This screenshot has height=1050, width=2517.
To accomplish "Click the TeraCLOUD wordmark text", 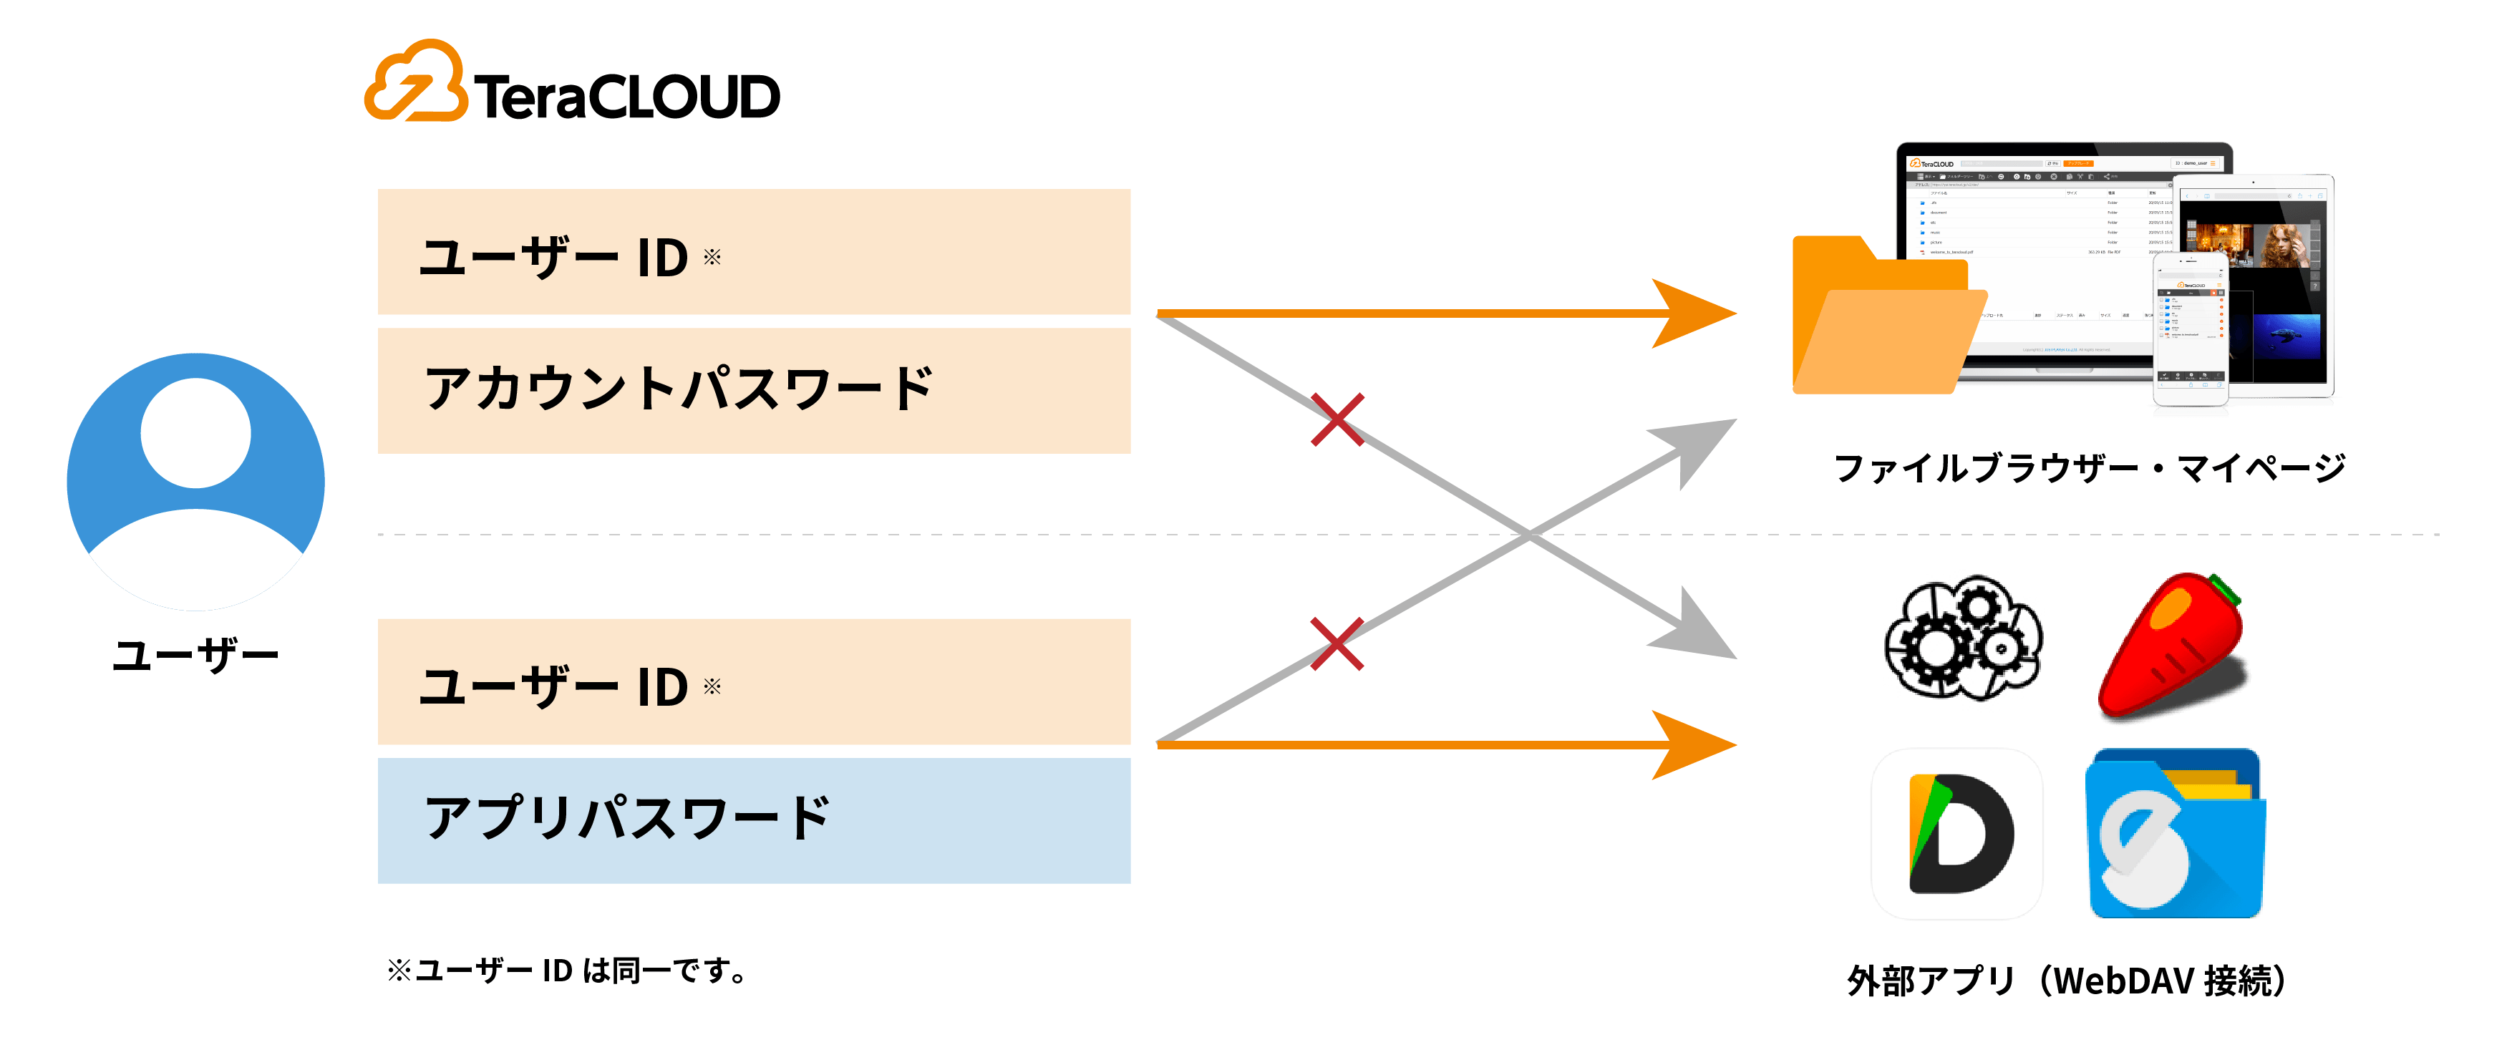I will point(626,97).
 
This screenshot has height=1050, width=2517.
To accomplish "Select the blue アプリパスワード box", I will point(753,820).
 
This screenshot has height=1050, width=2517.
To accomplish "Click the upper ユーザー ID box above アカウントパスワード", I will point(753,252).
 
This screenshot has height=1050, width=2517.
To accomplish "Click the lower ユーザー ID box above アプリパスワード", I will point(753,682).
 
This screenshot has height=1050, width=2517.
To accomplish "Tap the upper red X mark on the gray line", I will point(1337,420).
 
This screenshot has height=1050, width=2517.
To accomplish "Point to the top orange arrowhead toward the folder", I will point(1695,313).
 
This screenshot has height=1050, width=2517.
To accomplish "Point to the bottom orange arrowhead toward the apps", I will point(1695,745).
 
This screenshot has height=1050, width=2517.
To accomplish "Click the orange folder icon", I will point(1881,322).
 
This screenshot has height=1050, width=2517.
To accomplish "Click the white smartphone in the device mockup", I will point(2191,332).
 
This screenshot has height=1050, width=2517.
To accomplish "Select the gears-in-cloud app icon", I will point(1963,638).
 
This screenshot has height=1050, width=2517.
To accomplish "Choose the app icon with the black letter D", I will point(1957,833).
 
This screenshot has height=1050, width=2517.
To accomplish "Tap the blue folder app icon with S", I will point(2175,833).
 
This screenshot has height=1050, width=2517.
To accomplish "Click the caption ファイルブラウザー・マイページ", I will point(2089,468).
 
